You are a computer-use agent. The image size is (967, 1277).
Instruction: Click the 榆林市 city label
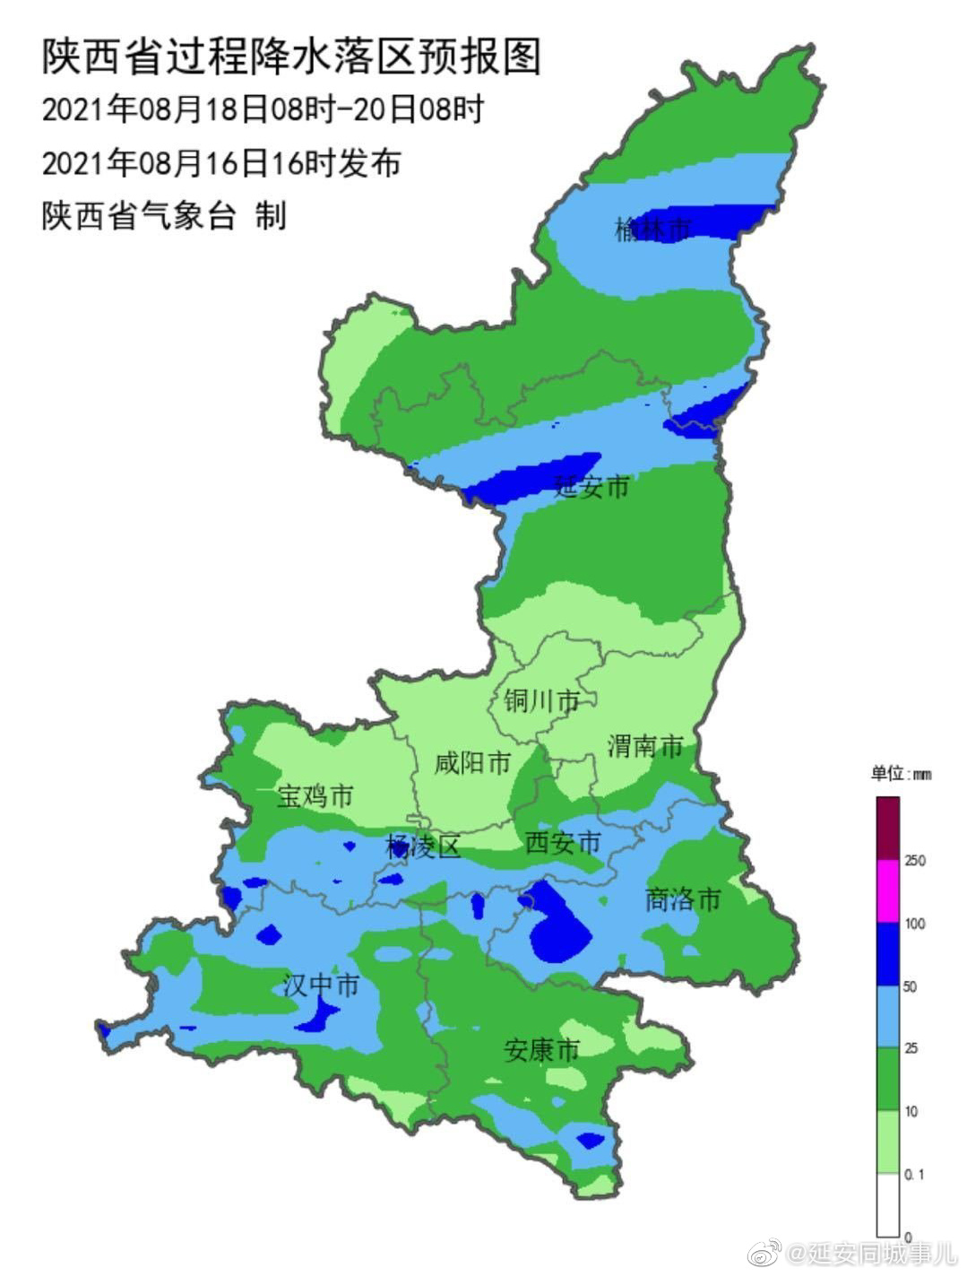pos(653,230)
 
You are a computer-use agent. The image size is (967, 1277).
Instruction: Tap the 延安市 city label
pos(591,487)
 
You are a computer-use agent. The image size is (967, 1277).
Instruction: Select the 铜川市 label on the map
pos(541,700)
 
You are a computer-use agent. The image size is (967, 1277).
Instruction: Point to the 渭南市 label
pos(645,745)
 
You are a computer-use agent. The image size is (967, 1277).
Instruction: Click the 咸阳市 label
pos(472,763)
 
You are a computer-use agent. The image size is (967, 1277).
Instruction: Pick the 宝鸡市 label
pos(315,795)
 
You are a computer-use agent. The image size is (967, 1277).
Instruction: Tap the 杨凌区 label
pos(422,846)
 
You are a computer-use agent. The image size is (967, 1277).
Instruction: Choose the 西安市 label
pos(563,842)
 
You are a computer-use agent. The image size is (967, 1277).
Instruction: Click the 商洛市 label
pos(683,899)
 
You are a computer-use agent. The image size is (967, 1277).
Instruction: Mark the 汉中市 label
pos(321,986)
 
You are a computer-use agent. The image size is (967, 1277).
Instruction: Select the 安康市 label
pos(541,1049)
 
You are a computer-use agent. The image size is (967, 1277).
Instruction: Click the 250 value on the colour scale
pos(915,861)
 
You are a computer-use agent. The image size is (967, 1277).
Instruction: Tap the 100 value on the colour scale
pos(915,924)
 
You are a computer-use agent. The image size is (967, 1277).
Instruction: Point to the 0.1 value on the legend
pos(915,1174)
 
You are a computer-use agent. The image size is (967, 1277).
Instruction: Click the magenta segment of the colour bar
pos(887,891)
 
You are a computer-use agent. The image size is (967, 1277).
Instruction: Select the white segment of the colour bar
pos(887,1205)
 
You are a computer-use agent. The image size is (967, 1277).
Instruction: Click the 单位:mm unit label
pos(901,773)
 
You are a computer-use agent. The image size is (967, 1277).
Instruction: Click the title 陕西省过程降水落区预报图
pos(291,56)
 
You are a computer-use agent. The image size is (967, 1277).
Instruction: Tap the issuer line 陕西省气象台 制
pos(163,216)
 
